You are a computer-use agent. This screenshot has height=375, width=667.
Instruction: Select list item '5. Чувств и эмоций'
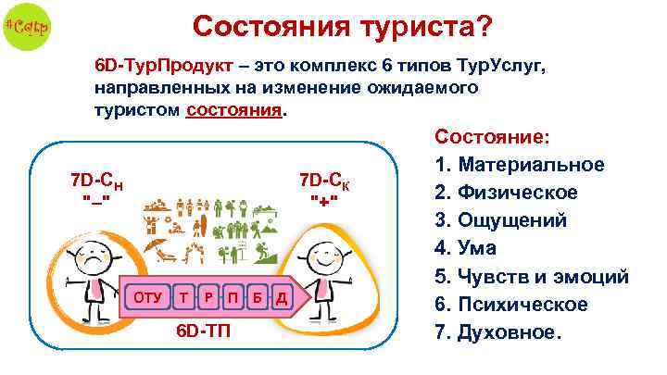[x=531, y=276]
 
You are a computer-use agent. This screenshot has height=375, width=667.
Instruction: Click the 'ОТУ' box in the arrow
[x=146, y=297]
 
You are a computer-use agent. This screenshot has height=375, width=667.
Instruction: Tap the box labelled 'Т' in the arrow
[x=187, y=297]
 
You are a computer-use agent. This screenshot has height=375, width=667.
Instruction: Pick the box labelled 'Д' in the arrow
[x=280, y=297]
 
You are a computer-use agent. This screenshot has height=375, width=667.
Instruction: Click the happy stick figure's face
[x=325, y=254]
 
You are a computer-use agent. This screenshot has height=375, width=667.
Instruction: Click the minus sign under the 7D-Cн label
[x=96, y=201]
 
